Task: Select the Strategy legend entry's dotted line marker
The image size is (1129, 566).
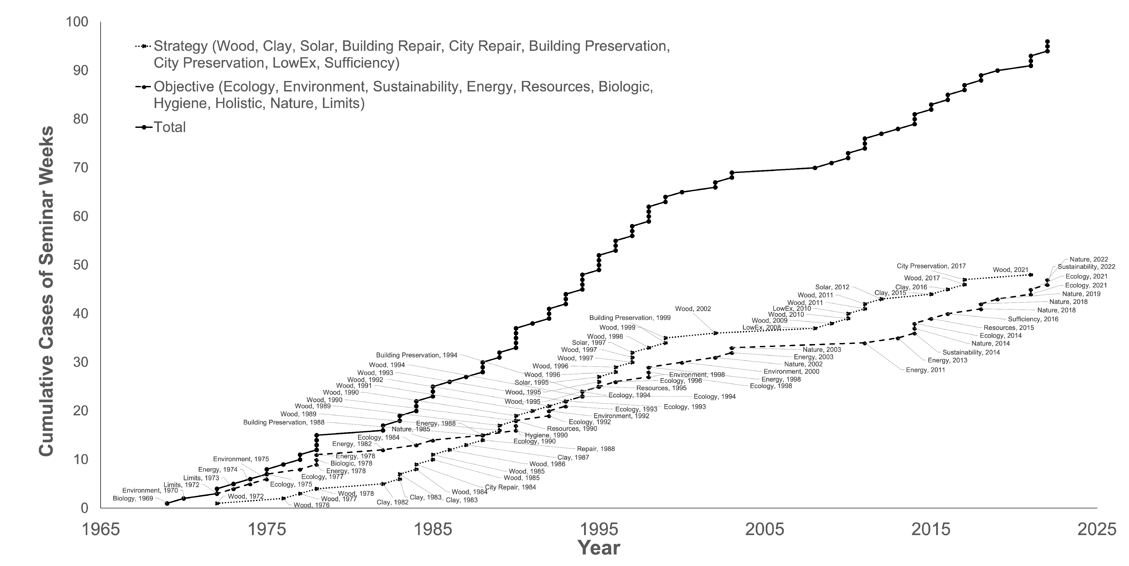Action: coord(143,46)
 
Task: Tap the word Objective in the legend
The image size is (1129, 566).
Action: coord(184,87)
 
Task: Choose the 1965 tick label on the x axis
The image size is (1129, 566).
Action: coord(101,529)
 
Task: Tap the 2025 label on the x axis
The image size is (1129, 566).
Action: coord(1096,529)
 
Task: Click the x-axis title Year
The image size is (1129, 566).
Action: coord(599,548)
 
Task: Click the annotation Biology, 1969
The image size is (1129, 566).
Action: coord(133,499)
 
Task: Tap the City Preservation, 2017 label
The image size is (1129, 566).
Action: coord(931,266)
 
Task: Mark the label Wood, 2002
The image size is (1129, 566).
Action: coord(693,309)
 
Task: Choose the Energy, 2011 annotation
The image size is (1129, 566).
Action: coord(925,370)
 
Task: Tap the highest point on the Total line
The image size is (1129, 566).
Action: coord(1047,42)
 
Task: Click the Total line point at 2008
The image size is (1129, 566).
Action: coord(815,168)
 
